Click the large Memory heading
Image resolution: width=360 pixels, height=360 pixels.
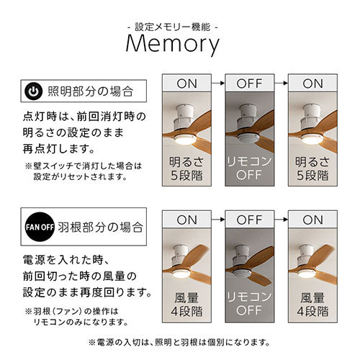(173, 44)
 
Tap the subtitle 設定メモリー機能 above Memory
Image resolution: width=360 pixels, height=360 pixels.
(173, 27)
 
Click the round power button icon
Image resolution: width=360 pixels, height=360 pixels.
(34, 91)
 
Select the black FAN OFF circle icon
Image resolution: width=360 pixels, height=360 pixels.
(40, 227)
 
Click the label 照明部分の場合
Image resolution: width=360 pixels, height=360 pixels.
(90, 91)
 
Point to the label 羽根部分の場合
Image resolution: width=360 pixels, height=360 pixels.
(100, 227)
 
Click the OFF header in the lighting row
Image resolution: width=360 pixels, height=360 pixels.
(249, 84)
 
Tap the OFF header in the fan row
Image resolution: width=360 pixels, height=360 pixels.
(249, 220)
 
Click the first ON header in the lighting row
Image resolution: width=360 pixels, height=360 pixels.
(186, 84)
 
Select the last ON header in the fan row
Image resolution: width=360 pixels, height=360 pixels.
(312, 220)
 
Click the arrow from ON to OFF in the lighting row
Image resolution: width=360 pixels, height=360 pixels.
(218, 83)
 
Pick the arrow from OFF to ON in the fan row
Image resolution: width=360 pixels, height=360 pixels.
(281, 220)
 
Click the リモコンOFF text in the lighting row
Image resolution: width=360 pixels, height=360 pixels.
(249, 168)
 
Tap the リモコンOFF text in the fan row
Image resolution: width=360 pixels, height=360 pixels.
(249, 304)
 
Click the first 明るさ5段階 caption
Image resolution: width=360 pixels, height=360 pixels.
(186, 168)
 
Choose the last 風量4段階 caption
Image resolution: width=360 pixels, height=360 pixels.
(312, 305)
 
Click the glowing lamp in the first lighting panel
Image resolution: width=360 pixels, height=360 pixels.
(185, 139)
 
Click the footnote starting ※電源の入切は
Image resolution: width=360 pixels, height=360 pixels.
(179, 342)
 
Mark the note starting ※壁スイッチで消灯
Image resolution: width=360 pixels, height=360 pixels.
(84, 171)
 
